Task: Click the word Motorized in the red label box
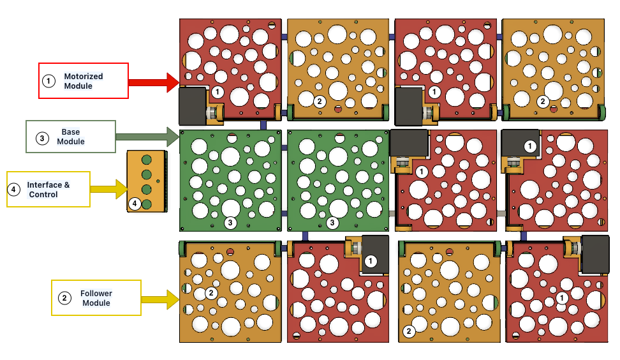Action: coord(83,77)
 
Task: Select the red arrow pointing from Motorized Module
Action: coord(153,82)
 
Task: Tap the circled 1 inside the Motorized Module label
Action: coord(48,81)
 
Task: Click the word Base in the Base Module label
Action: coord(70,132)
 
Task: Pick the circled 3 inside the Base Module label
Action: coord(42,137)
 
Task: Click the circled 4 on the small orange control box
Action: coord(135,204)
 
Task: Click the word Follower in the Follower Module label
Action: coord(96,294)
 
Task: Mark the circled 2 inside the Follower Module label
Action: coord(64,298)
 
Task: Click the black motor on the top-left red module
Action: coord(192,106)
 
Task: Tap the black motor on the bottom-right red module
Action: coord(594,254)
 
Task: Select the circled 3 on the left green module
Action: coord(231,223)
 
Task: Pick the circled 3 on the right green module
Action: coord(332,223)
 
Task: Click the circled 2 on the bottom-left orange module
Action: coord(211,293)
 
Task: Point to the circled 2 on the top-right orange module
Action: coord(542,101)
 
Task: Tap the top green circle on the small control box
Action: coord(146,160)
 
